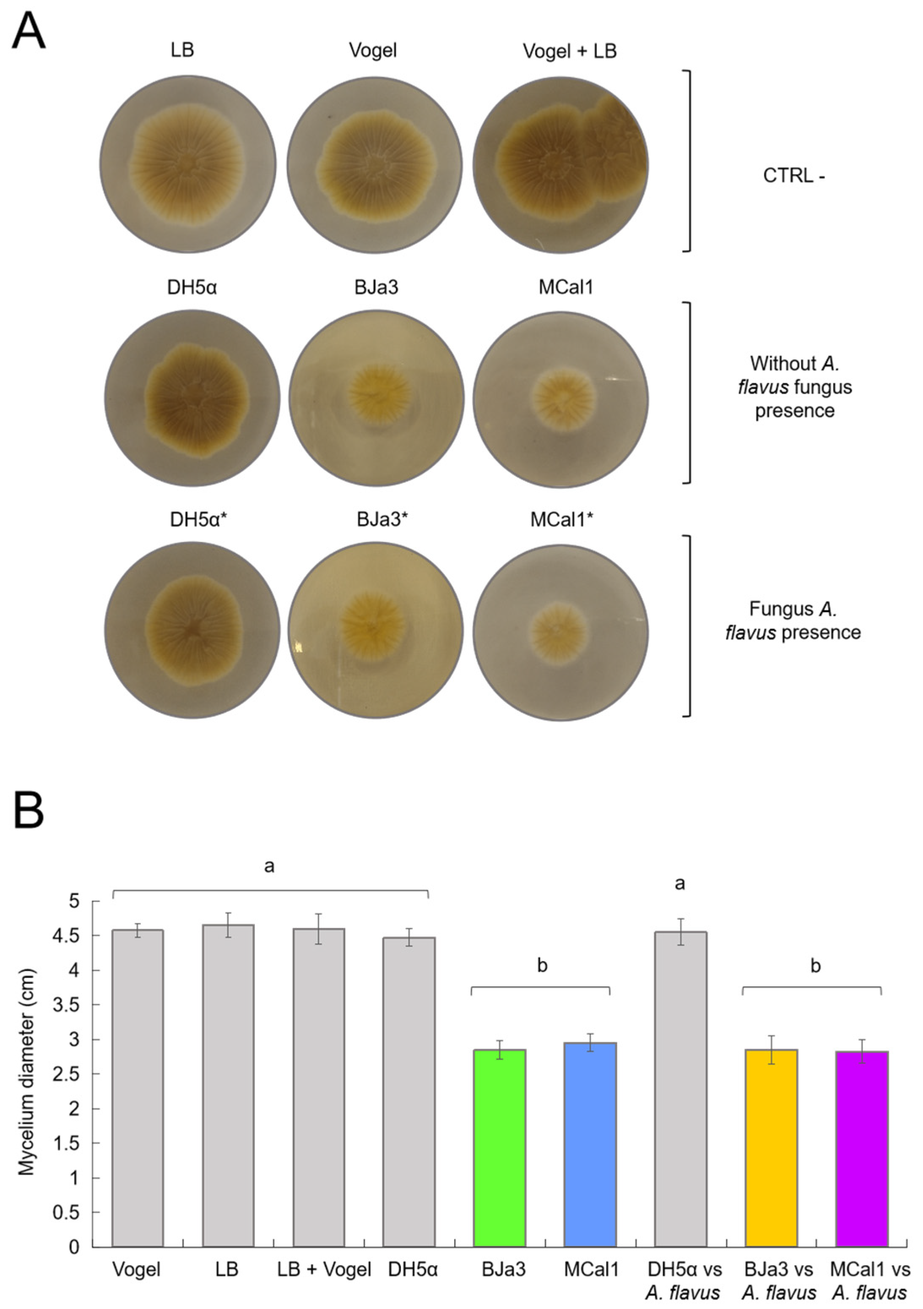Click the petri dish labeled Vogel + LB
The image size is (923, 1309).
(x=560, y=163)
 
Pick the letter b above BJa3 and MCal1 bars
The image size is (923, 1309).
(x=542, y=966)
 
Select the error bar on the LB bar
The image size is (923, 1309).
(x=228, y=925)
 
